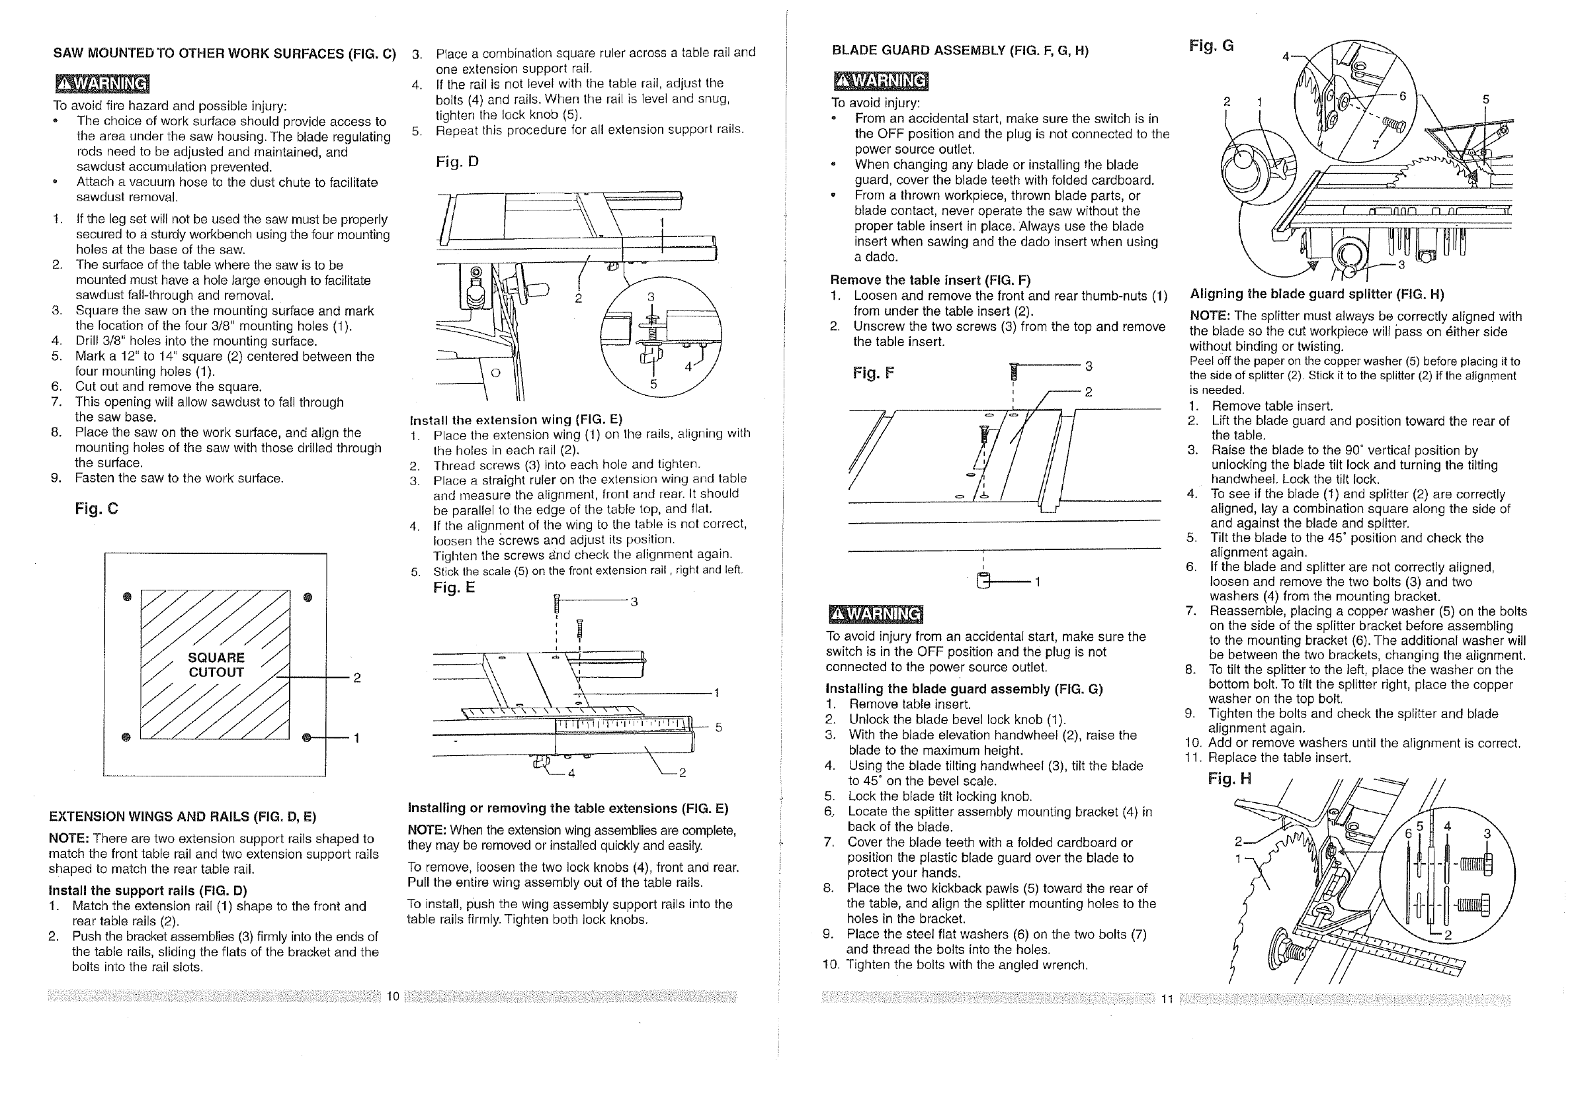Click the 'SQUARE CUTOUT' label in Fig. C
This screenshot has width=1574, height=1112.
point(216,665)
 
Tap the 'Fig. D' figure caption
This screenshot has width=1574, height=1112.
point(457,162)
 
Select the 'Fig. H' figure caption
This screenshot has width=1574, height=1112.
point(1229,778)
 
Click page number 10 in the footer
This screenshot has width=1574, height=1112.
point(393,996)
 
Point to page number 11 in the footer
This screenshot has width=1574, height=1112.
point(1167,999)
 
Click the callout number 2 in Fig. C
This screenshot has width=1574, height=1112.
point(356,678)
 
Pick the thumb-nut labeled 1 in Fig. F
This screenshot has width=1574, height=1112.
point(984,580)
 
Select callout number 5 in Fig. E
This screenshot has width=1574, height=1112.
point(718,727)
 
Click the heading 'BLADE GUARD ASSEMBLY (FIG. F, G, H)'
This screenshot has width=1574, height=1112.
point(960,50)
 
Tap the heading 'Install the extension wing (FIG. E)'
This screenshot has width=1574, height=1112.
point(516,420)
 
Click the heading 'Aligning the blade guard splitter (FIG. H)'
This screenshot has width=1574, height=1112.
point(1317,295)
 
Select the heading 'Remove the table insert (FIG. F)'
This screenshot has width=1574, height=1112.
point(931,280)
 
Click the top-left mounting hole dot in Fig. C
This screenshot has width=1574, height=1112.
point(127,597)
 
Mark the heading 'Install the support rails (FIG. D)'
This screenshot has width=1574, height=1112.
point(147,890)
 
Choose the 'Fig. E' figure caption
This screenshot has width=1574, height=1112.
point(454,587)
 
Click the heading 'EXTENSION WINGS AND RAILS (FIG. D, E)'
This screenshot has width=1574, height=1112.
point(183,816)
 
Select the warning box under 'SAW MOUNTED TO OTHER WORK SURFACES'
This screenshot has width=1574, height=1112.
point(101,83)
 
